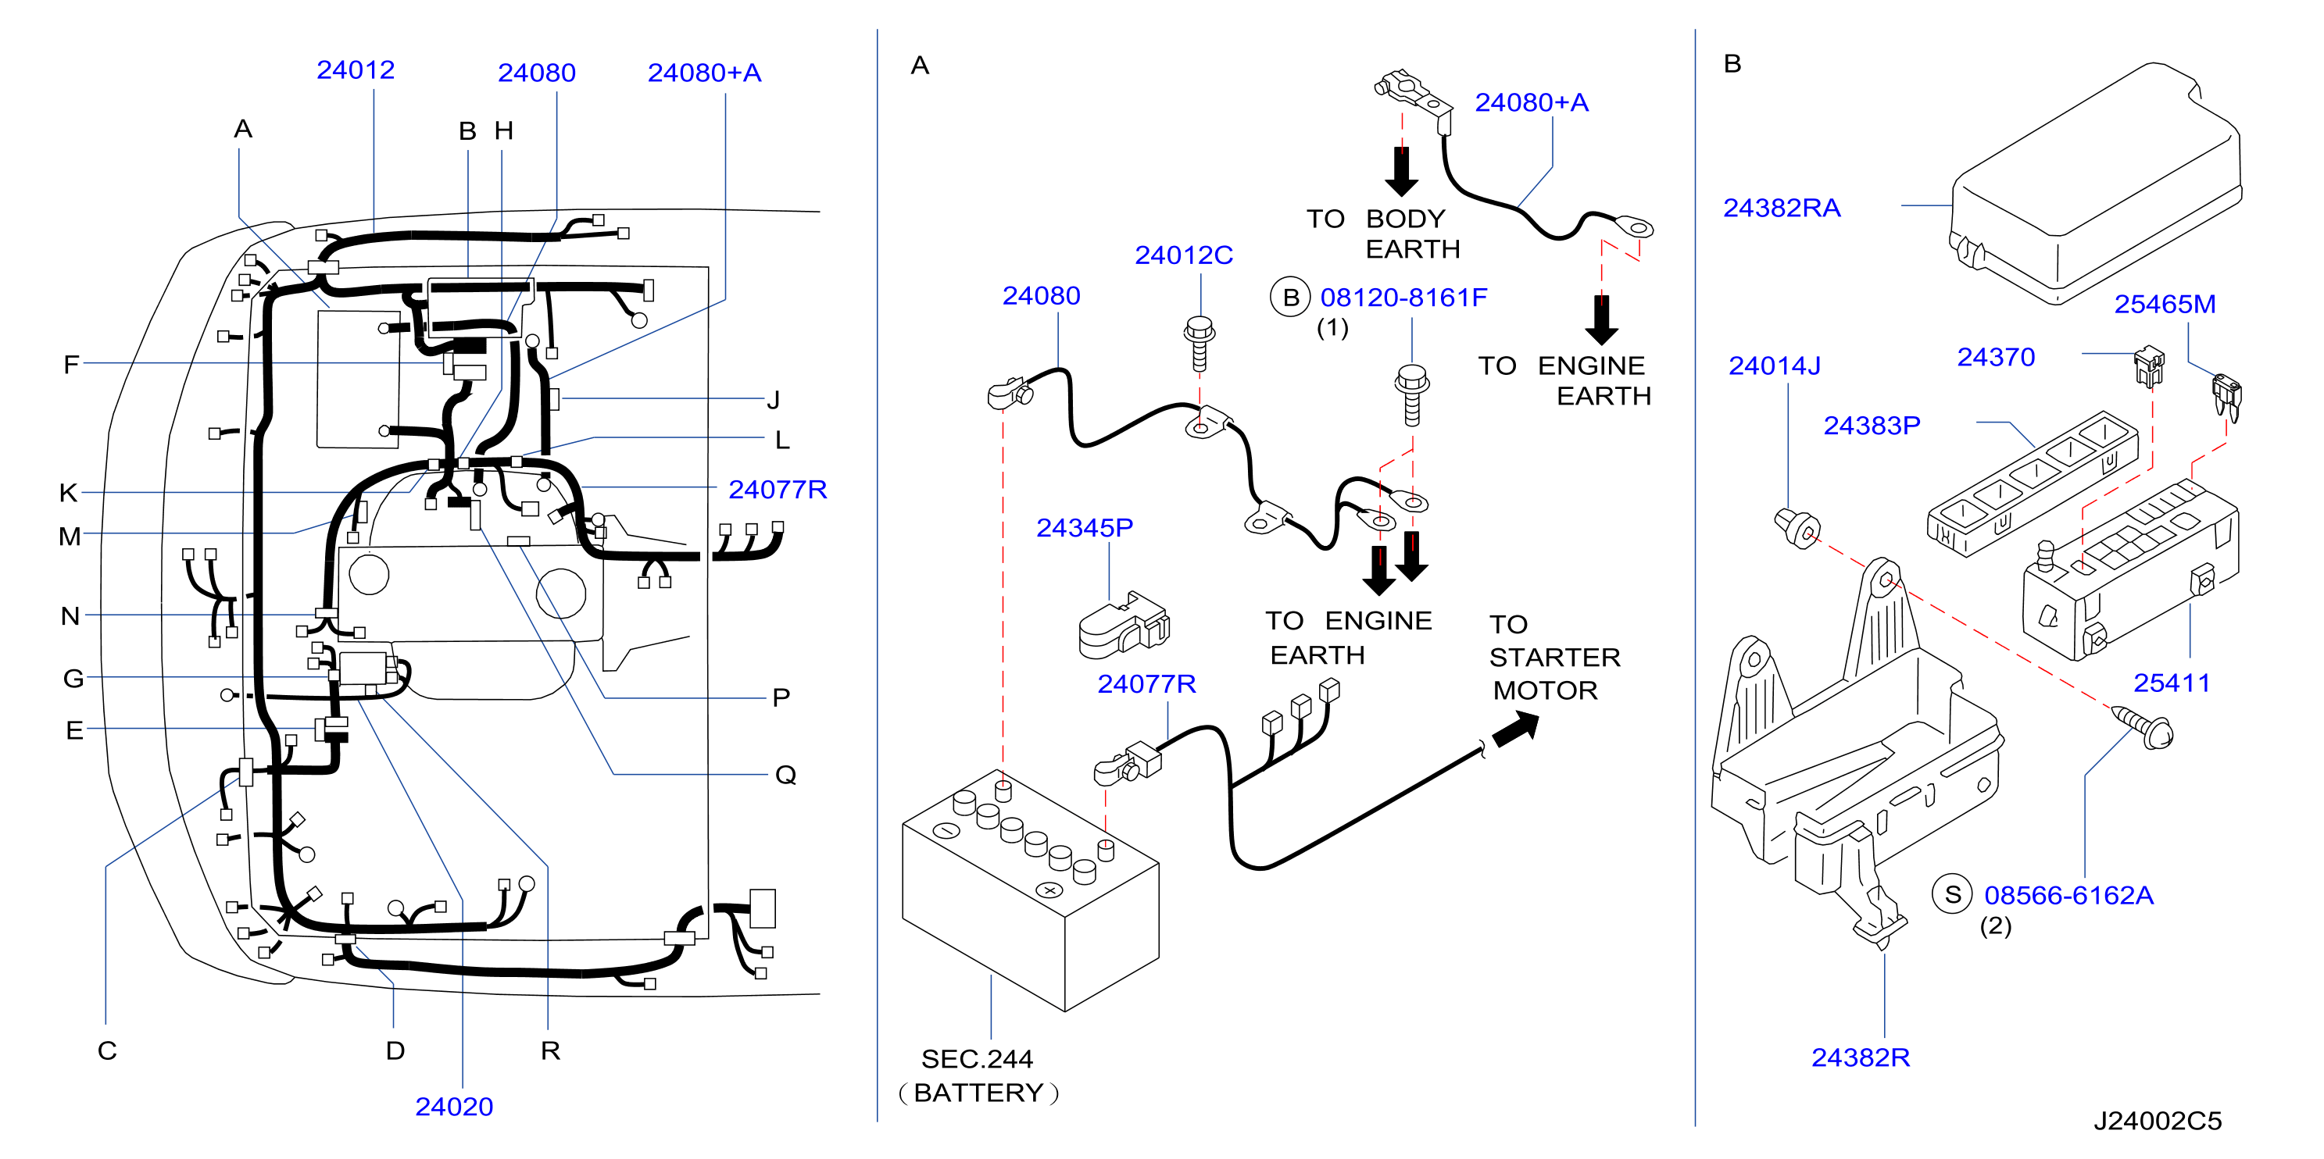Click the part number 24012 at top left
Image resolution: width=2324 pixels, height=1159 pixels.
[356, 70]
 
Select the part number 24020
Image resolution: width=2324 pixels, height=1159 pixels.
[454, 1106]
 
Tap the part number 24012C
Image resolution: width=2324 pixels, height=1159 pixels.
[1184, 255]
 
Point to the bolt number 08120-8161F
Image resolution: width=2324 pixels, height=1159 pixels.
[1403, 297]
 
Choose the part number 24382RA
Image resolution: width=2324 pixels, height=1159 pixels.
[1782, 208]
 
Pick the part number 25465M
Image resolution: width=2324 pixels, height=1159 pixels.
[2165, 304]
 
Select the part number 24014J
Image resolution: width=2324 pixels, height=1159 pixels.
[1775, 366]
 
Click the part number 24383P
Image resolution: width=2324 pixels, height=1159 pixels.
[1872, 425]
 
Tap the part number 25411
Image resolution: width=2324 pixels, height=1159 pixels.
[2172, 683]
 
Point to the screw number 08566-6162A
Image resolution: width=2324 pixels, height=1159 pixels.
[2068, 895]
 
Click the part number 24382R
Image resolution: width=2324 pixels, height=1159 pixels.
[1861, 1057]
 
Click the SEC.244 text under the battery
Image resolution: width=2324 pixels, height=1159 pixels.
[977, 1058]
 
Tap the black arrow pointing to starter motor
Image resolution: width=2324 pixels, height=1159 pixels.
[1516, 729]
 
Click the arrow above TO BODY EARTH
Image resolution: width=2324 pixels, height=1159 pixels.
[1401, 171]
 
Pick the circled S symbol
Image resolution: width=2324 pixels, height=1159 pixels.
[1952, 895]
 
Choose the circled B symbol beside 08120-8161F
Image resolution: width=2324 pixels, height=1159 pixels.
[1290, 297]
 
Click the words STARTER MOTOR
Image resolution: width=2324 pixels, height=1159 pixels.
[1554, 674]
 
